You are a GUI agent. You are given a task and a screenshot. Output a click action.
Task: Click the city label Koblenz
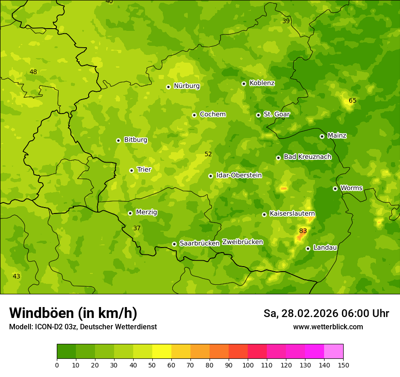click(262, 83)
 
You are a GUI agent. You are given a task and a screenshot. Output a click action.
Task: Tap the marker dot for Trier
click(132, 170)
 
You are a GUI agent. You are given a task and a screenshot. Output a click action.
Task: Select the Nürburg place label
click(186, 86)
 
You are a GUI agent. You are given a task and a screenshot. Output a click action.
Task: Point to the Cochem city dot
click(195, 115)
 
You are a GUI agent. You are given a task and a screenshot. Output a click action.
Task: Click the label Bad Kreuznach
click(307, 157)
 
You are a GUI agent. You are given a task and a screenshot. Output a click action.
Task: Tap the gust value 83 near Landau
click(303, 231)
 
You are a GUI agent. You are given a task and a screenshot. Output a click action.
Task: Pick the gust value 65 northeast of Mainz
click(353, 100)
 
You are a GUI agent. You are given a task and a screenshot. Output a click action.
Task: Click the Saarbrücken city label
click(200, 243)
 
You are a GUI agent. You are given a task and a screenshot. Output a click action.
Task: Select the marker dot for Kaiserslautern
click(264, 214)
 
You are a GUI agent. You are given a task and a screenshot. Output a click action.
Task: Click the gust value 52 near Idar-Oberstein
click(208, 154)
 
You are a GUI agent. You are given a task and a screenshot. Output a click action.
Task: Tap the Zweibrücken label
click(242, 242)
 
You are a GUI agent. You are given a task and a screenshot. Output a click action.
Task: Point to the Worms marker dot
click(335, 188)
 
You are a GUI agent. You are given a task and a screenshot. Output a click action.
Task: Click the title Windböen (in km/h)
click(73, 313)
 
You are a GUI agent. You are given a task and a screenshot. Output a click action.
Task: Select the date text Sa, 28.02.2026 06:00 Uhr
click(326, 313)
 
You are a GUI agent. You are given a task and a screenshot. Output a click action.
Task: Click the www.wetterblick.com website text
click(328, 327)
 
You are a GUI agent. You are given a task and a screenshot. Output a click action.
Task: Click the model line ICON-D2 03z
click(83, 327)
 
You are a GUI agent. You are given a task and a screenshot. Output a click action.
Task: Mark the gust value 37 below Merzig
click(137, 228)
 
